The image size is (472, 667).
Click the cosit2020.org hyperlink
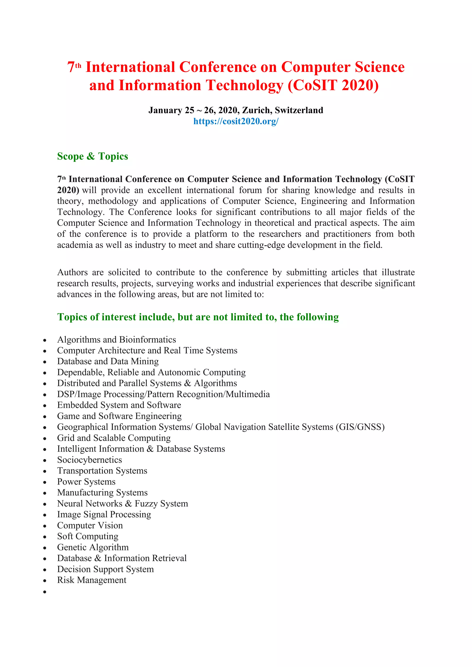click(x=236, y=121)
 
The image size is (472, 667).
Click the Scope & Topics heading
click(x=92, y=156)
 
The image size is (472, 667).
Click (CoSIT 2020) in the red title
click(x=333, y=85)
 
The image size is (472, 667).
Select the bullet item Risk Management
click(x=91, y=580)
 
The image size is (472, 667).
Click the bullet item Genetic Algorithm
click(x=93, y=547)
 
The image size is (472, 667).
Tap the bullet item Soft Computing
click(x=88, y=536)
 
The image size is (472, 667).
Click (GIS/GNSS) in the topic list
click(x=360, y=427)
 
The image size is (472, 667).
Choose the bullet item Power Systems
click(x=86, y=482)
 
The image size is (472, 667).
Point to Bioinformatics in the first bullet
click(x=147, y=339)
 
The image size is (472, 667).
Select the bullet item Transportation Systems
click(x=102, y=471)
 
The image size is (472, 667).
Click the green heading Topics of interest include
click(x=198, y=317)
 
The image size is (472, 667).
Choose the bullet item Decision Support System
click(x=105, y=569)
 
